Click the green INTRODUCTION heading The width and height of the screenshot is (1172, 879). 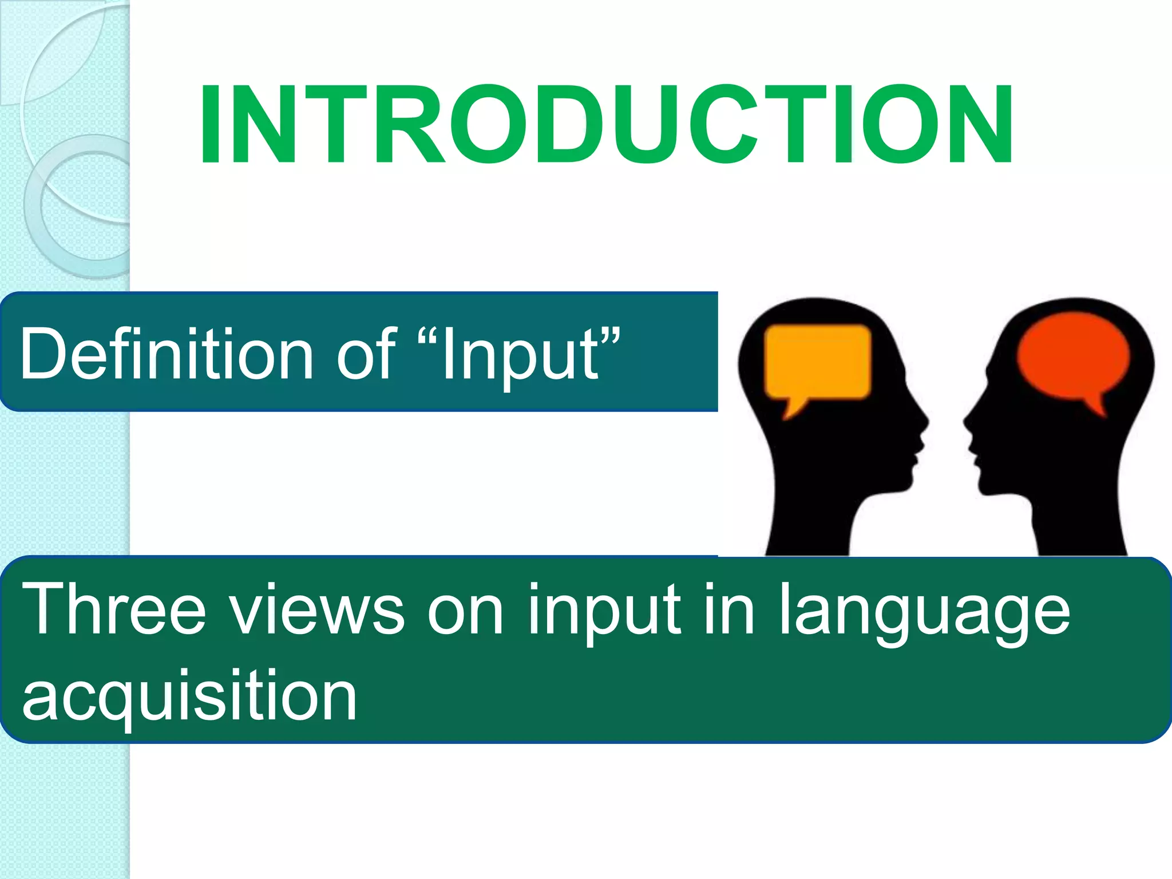(x=605, y=124)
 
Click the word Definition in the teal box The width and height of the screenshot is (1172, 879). (x=166, y=354)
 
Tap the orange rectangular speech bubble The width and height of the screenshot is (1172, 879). (x=817, y=362)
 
